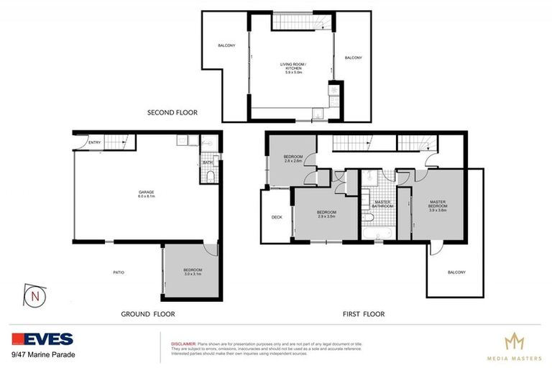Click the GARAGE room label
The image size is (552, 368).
[147, 193]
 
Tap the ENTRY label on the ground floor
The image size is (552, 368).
[95, 143]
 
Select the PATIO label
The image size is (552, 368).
[120, 272]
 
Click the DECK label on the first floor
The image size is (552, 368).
[277, 218]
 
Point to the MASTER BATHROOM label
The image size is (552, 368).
[382, 204]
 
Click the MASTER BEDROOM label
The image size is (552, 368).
[438, 206]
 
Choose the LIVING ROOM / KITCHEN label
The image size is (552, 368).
[291, 69]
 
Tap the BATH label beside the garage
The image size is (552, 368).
[207, 163]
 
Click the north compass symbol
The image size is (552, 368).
[34, 295]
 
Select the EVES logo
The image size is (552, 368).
[42, 339]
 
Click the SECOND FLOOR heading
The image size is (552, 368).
[172, 113]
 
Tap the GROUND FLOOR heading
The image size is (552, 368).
[148, 314]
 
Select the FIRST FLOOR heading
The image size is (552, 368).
[364, 314]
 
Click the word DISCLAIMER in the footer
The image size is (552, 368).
[183, 344]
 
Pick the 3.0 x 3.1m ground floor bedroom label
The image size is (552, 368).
[193, 272]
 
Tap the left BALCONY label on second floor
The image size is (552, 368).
[226, 46]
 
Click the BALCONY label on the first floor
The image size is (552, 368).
[456, 272]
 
